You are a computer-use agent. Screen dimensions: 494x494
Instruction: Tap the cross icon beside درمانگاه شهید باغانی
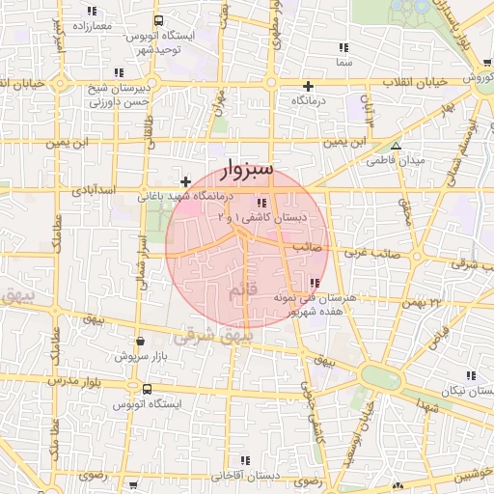click(x=185, y=181)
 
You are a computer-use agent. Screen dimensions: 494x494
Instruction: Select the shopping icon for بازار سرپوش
click(x=142, y=341)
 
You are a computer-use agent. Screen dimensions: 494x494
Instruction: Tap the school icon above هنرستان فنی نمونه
click(x=316, y=283)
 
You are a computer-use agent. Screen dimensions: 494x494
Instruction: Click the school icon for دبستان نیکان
click(x=471, y=377)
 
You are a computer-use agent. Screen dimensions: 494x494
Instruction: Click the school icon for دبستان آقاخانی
click(x=247, y=460)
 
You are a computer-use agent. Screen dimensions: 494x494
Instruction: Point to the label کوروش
click(x=476, y=77)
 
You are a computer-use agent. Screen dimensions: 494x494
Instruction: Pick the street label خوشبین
click(x=472, y=477)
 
